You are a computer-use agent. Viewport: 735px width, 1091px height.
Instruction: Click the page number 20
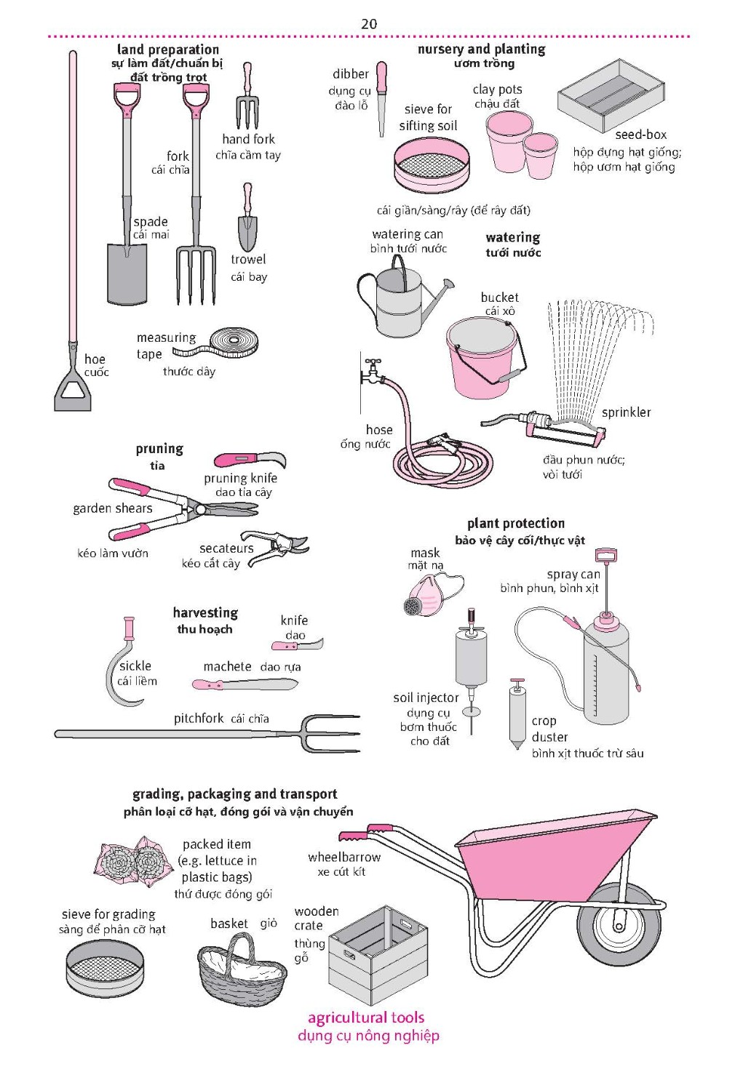pyautogui.click(x=368, y=24)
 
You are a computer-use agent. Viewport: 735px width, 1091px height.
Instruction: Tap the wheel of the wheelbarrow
pyautogui.click(x=619, y=924)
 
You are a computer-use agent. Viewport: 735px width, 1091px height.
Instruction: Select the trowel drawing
pyautogui.click(x=247, y=217)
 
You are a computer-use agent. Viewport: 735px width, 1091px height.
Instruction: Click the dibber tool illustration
pyautogui.click(x=381, y=99)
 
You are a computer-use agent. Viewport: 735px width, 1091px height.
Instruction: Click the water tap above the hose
pyautogui.click(x=373, y=371)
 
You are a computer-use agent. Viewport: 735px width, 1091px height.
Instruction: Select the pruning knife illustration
pyautogui.click(x=250, y=460)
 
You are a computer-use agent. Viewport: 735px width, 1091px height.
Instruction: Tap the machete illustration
pyautogui.click(x=245, y=684)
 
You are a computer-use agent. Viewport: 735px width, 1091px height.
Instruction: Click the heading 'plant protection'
pyautogui.click(x=516, y=524)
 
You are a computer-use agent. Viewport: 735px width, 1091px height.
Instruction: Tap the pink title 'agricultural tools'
pyautogui.click(x=365, y=1018)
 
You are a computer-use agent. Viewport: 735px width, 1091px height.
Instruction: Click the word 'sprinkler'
pyautogui.click(x=627, y=412)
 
